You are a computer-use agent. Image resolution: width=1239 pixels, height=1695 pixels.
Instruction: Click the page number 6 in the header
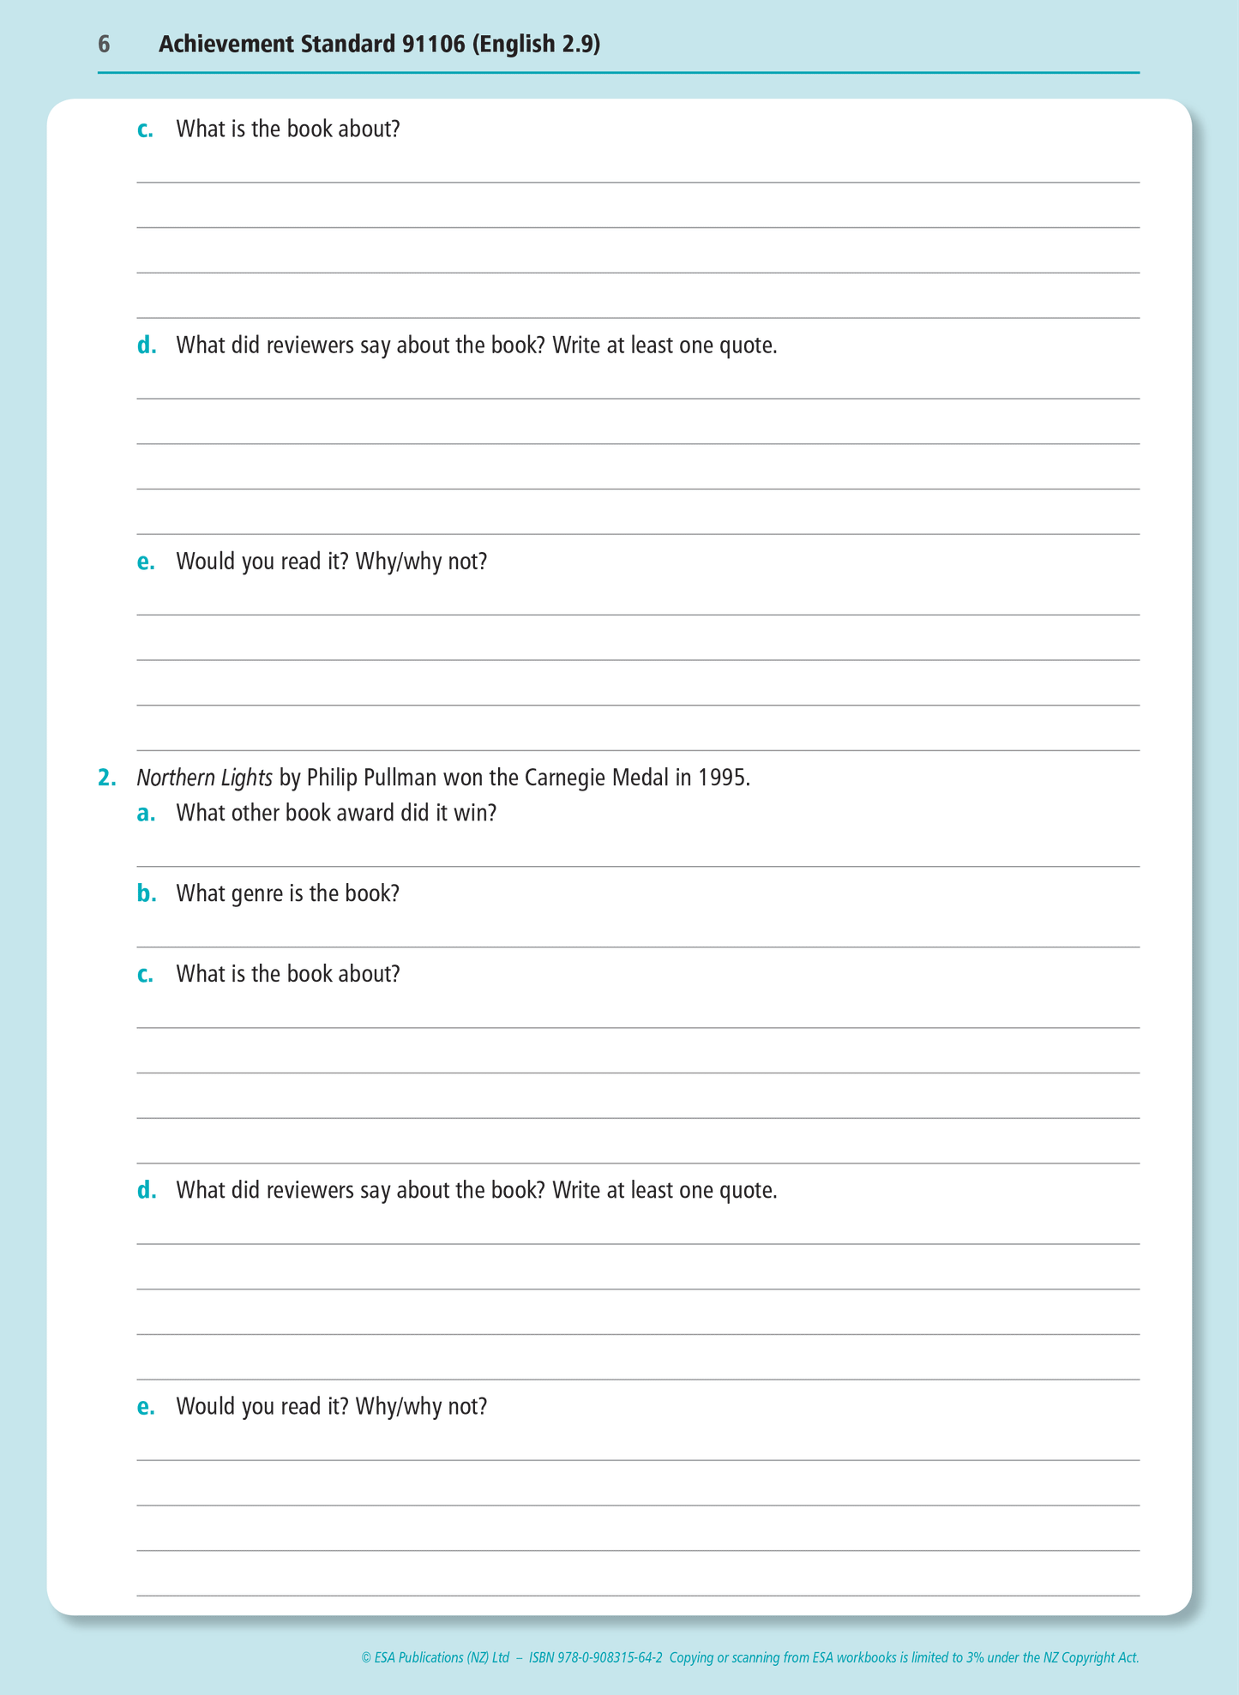point(104,45)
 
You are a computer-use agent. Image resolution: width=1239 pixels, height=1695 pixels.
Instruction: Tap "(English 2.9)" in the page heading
point(536,45)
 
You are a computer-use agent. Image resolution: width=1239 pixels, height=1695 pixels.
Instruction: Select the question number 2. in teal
point(106,778)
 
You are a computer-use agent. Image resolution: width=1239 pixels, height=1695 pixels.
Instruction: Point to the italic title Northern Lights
point(204,778)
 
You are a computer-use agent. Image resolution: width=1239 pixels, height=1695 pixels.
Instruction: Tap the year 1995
point(724,778)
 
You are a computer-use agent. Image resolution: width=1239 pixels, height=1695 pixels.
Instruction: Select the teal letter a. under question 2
point(146,813)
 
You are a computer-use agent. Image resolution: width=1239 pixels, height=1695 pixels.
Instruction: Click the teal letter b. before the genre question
point(146,893)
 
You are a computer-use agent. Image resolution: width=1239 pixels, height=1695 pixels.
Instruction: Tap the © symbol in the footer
point(366,1657)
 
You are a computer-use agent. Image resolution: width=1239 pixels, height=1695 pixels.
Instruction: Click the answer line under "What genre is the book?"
point(638,946)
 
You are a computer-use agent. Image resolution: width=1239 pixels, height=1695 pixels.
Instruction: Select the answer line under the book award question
point(638,865)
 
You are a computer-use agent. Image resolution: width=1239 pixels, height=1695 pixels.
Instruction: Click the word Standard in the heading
point(347,45)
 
